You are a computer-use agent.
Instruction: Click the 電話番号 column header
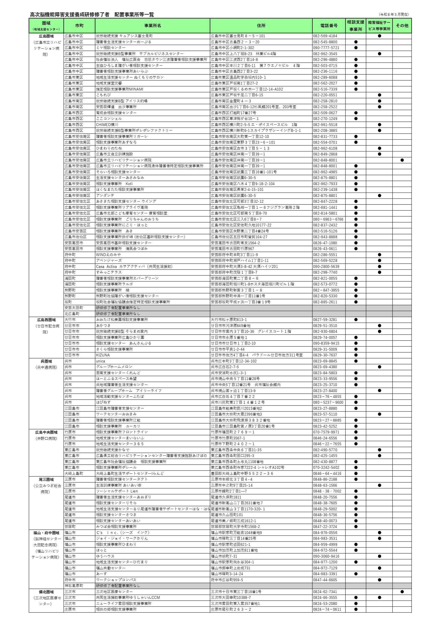point(329,26)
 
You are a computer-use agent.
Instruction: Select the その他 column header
point(402,26)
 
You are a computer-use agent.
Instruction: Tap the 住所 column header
point(261,26)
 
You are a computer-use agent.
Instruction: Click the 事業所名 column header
point(152,26)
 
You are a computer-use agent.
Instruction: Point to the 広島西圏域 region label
point(46,320)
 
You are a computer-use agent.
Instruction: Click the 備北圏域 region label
point(46,592)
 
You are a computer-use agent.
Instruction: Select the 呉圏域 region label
point(46,361)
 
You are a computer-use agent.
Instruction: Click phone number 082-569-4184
point(325,36)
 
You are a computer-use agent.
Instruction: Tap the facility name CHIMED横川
point(107,125)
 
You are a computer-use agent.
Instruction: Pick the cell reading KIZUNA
point(103,355)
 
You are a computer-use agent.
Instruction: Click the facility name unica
point(101,361)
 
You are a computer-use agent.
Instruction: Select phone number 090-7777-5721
point(326,48)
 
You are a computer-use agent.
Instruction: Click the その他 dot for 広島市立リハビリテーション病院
point(402,160)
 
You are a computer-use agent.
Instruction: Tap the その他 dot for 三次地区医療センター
point(402,592)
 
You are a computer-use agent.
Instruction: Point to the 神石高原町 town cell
point(74,586)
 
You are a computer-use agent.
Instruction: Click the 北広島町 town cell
point(72,314)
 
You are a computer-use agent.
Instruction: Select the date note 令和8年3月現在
point(394,14)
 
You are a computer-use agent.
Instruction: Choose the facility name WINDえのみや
point(108,255)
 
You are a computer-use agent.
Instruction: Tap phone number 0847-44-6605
point(325,580)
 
